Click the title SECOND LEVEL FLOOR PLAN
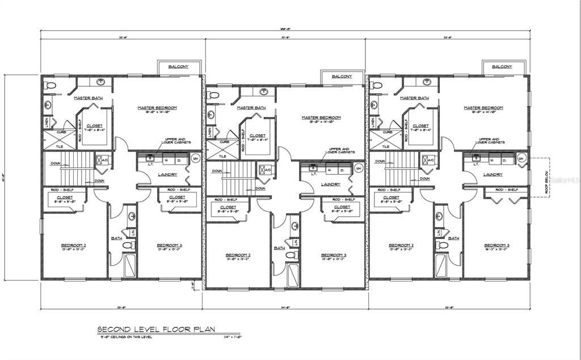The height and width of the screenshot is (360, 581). (156, 329)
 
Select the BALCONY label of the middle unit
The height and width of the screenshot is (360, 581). (342, 76)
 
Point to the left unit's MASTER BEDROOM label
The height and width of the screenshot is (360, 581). (158, 107)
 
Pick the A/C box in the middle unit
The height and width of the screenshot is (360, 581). (264, 169)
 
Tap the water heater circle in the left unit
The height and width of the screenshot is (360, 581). (195, 158)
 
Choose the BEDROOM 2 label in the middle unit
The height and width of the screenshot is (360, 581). (238, 255)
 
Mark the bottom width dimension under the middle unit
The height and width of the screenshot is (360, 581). (285, 307)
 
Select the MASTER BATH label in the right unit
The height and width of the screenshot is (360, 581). (414, 98)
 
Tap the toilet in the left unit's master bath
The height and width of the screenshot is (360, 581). (49, 85)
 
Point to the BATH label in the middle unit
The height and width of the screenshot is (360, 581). (279, 248)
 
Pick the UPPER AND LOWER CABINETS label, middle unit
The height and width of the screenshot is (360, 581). (340, 151)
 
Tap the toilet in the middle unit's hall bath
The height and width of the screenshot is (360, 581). (292, 256)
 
